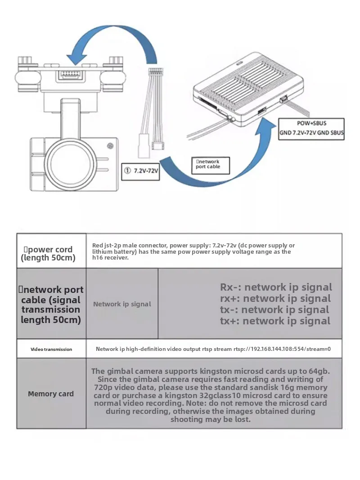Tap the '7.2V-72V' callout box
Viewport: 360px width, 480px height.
[141, 171]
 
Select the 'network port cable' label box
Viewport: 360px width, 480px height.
[211, 164]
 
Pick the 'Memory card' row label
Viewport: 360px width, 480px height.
[51, 394]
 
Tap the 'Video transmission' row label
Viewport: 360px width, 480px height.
[51, 349]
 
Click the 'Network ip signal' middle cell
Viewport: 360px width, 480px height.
[122, 304]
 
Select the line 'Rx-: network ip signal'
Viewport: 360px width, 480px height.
[276, 287]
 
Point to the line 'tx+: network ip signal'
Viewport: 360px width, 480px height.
[275, 321]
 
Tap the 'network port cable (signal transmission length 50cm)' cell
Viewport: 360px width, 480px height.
[51, 305]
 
